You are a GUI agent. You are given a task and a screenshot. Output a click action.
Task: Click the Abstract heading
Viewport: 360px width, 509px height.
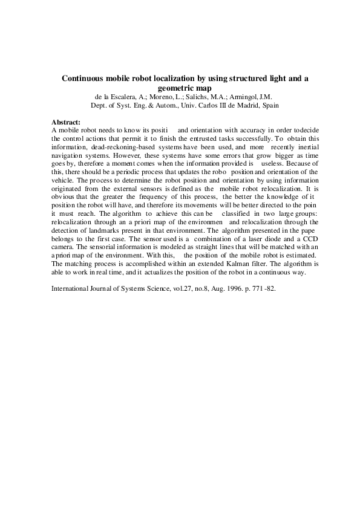point(67,122)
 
